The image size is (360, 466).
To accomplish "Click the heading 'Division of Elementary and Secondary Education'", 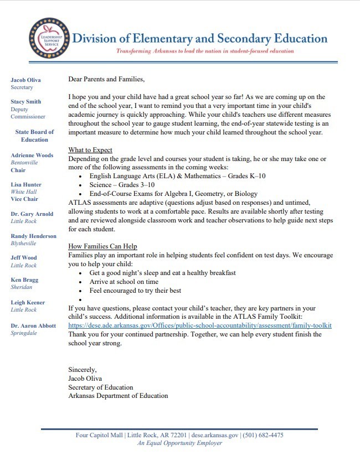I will (200, 38).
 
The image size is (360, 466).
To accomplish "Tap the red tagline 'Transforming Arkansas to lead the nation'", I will (204, 51).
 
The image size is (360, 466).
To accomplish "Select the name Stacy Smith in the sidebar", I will (25, 102).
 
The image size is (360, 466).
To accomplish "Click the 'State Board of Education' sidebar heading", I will (34, 136).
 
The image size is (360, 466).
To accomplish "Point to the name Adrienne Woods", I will (32, 156).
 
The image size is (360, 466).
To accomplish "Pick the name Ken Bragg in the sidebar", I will (24, 280).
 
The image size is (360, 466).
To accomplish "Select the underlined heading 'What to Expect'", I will (90, 150).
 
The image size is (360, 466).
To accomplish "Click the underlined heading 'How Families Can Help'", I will (102, 246).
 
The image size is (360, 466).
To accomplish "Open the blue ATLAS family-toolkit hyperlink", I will (200, 325).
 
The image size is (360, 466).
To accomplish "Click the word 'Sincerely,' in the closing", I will (83, 369).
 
